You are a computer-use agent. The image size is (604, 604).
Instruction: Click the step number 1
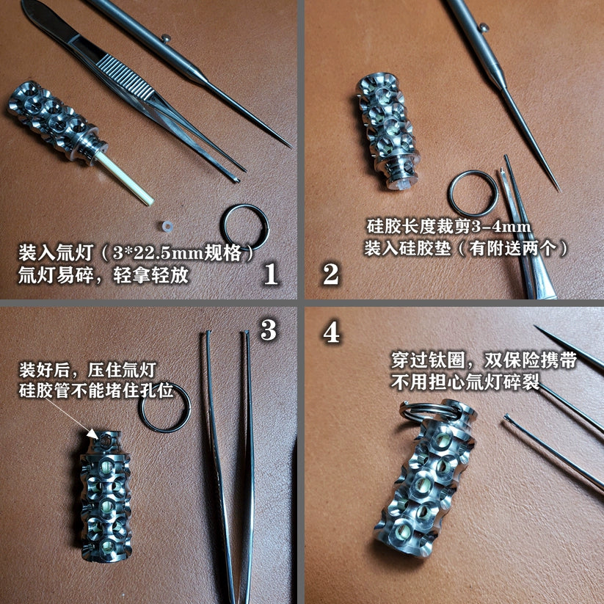tap(270, 274)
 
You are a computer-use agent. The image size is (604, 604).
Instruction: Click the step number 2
tap(330, 274)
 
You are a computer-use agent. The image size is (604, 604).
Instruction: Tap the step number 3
tap(269, 330)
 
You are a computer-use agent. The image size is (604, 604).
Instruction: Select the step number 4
tap(331, 332)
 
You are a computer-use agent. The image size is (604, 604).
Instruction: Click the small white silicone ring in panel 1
tap(166, 226)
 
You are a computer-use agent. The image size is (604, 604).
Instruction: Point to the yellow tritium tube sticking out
tap(124, 178)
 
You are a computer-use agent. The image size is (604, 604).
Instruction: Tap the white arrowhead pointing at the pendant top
tap(92, 433)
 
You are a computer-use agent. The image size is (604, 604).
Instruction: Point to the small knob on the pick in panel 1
tap(166, 37)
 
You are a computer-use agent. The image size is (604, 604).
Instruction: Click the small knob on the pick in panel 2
tap(484, 27)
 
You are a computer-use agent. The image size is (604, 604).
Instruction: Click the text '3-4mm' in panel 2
tap(501, 226)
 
